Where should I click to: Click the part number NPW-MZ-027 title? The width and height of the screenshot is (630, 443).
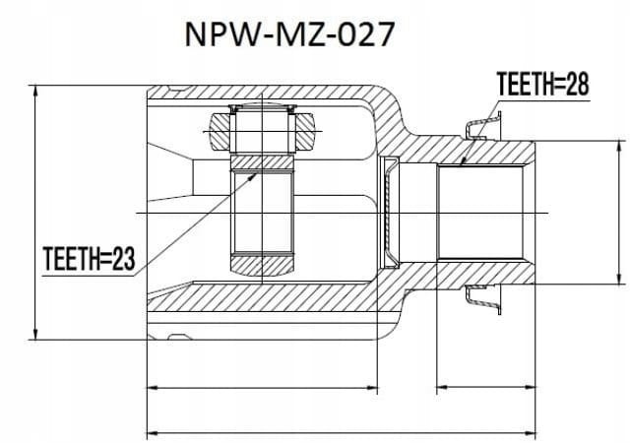coord(289,34)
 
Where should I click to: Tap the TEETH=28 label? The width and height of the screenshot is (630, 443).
coord(542,84)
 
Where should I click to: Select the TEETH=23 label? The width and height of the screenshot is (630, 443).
coord(89,259)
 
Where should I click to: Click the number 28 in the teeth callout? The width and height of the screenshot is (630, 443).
coord(578,84)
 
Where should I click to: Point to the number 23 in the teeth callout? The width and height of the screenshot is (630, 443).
coord(124,259)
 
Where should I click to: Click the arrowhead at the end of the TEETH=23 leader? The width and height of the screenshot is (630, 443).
coord(252,176)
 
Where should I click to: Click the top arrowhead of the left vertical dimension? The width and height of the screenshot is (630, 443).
coord(35,91)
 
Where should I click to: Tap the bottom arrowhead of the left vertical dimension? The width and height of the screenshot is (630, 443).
coord(35,334)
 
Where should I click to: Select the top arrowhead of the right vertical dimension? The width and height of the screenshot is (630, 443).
coord(619,147)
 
